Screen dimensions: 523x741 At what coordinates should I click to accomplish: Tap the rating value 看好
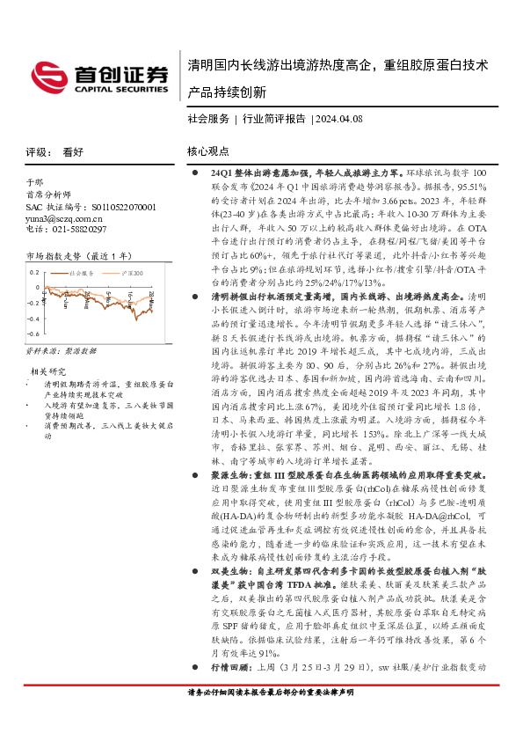[73, 151]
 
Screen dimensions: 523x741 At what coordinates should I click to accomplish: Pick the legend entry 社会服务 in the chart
[81, 274]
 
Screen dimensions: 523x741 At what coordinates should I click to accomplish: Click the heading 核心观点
[208, 151]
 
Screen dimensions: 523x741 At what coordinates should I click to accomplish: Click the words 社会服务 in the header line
[208, 118]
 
